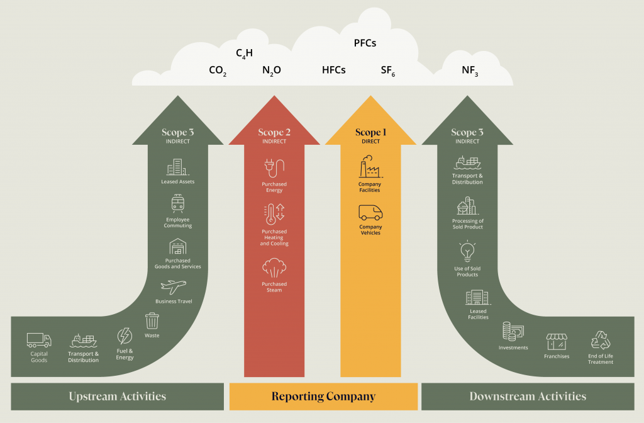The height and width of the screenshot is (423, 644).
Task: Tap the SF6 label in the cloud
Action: coord(387,70)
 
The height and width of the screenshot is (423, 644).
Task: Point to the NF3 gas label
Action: coord(470,70)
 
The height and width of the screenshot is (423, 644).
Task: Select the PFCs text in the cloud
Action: coord(365,43)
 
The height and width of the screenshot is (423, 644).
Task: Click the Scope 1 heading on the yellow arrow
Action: coord(370,132)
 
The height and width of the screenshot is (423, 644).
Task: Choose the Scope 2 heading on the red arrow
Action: coord(274,132)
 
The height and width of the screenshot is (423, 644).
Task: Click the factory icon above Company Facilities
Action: coord(370,168)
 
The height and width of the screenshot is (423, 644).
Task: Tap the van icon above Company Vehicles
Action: coord(370,213)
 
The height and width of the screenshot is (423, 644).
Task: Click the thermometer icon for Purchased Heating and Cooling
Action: coord(274,215)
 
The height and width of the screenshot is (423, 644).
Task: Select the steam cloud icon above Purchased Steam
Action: coord(274,268)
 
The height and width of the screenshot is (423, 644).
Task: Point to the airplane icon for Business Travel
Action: coord(174,287)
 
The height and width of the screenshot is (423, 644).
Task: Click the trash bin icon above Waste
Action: coord(152,321)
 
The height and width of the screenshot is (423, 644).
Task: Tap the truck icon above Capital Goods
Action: coord(39,340)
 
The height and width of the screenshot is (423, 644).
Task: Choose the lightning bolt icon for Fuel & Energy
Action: coord(125,336)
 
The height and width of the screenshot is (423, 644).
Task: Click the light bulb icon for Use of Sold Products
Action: coord(467,252)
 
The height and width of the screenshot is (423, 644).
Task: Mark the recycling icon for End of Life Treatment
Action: coord(600,341)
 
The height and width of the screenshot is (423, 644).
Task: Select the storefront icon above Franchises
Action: coord(557,341)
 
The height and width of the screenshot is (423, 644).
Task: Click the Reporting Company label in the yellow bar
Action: coord(323,397)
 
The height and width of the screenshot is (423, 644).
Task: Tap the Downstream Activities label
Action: coord(528,397)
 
